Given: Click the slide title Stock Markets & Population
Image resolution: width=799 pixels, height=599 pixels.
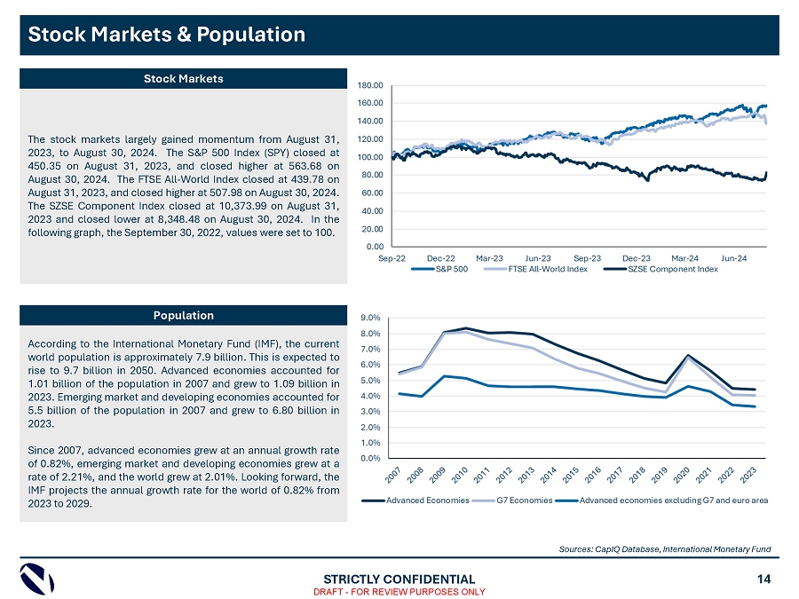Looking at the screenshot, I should (x=167, y=35).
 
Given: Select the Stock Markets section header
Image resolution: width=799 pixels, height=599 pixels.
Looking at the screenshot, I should (x=184, y=79).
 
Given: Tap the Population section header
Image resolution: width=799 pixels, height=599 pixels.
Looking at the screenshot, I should (x=184, y=315).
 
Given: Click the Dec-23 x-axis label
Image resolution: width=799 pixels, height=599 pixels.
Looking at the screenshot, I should (x=637, y=258).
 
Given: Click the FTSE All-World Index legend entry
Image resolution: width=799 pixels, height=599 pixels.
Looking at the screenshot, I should (x=548, y=269).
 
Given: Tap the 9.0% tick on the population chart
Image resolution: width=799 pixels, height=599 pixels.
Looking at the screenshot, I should (x=372, y=318).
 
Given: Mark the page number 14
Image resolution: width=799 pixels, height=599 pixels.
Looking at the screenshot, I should (x=764, y=579).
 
